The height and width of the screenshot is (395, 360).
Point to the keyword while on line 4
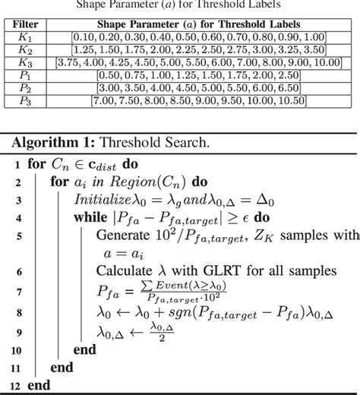93,216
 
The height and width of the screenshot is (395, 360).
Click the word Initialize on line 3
104,198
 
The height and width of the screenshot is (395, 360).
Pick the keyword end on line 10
84,349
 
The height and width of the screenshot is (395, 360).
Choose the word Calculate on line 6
125,271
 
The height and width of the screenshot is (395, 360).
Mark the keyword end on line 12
39,385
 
